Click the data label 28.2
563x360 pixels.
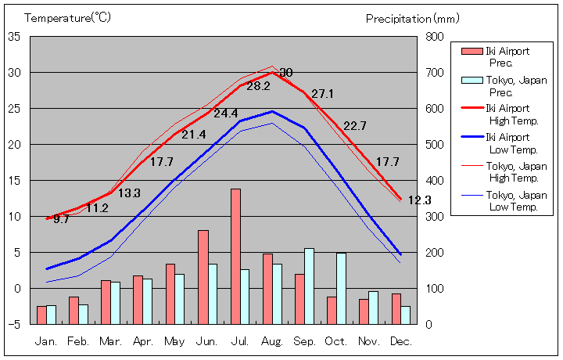pos(258,86)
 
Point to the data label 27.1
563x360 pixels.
pos(322,94)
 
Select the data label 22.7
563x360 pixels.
pos(354,126)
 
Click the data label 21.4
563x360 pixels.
pos(193,135)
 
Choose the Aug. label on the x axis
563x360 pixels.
pos(272,342)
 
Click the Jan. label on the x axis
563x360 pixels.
pos(46,342)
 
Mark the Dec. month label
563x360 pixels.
pos(401,342)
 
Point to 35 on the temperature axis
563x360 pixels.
pos(14,37)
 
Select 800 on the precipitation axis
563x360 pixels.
pos(435,37)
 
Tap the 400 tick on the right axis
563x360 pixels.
pos(435,181)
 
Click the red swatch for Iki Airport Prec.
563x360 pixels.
pos(472,52)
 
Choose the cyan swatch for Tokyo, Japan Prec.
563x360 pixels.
pos(472,80)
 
